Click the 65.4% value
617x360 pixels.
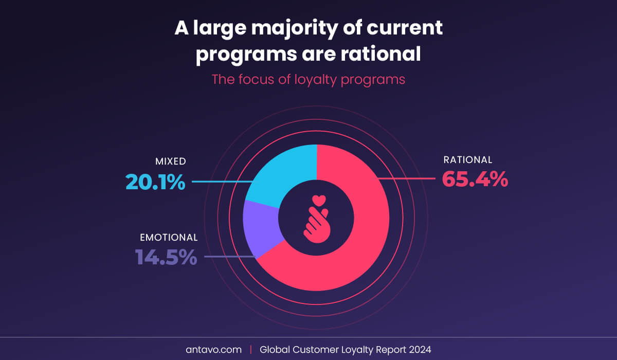pyautogui.click(x=475, y=179)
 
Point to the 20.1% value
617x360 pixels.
pyautogui.click(x=155, y=182)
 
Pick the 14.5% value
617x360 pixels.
pyautogui.click(x=166, y=257)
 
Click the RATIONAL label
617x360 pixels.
pyautogui.click(x=467, y=160)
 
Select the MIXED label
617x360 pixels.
pyautogui.click(x=170, y=161)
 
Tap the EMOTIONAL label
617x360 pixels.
pyautogui.click(x=169, y=238)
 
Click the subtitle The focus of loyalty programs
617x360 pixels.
pyautogui.click(x=308, y=80)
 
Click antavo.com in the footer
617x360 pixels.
pyautogui.click(x=213, y=349)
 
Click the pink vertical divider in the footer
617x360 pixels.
pyautogui.click(x=251, y=349)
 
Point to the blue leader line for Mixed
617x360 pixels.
pyautogui.click(x=221, y=182)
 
